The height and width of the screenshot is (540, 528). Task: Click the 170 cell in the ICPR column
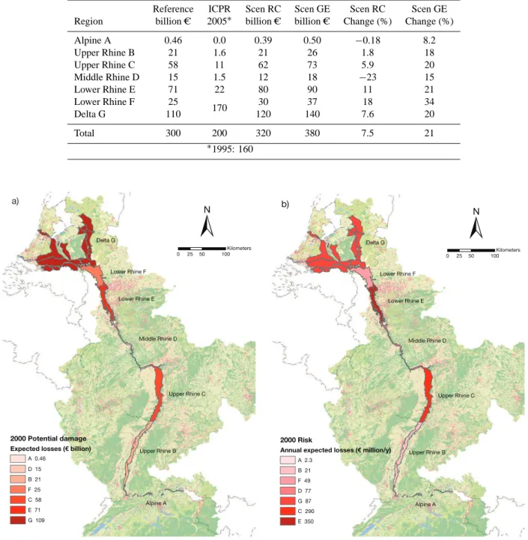click(x=219, y=108)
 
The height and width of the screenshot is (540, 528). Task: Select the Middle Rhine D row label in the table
click(x=107, y=77)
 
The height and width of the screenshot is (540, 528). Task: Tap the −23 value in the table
click(x=368, y=77)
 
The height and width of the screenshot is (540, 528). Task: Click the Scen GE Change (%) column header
click(x=429, y=15)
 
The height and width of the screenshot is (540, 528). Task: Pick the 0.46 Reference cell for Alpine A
click(x=173, y=40)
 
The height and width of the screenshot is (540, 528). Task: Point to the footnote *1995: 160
click(x=230, y=149)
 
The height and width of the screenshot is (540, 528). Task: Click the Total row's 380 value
click(x=312, y=133)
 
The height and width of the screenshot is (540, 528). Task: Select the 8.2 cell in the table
click(x=429, y=40)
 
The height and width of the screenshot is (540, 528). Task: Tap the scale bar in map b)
click(x=471, y=250)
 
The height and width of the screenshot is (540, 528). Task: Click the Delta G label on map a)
click(x=106, y=240)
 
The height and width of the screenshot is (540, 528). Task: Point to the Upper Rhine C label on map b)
click(x=456, y=395)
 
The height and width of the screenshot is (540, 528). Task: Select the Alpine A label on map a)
click(x=156, y=503)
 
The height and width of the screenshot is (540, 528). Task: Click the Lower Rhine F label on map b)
click(x=398, y=274)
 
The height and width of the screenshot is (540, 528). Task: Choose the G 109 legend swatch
click(x=17, y=521)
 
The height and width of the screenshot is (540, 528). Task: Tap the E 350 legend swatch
click(x=288, y=521)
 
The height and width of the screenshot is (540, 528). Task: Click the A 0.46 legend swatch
click(x=17, y=458)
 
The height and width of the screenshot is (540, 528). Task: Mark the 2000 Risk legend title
click(x=296, y=440)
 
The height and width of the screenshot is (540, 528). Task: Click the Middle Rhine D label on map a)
click(x=158, y=339)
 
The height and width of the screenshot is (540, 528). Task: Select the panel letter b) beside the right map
click(x=285, y=204)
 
